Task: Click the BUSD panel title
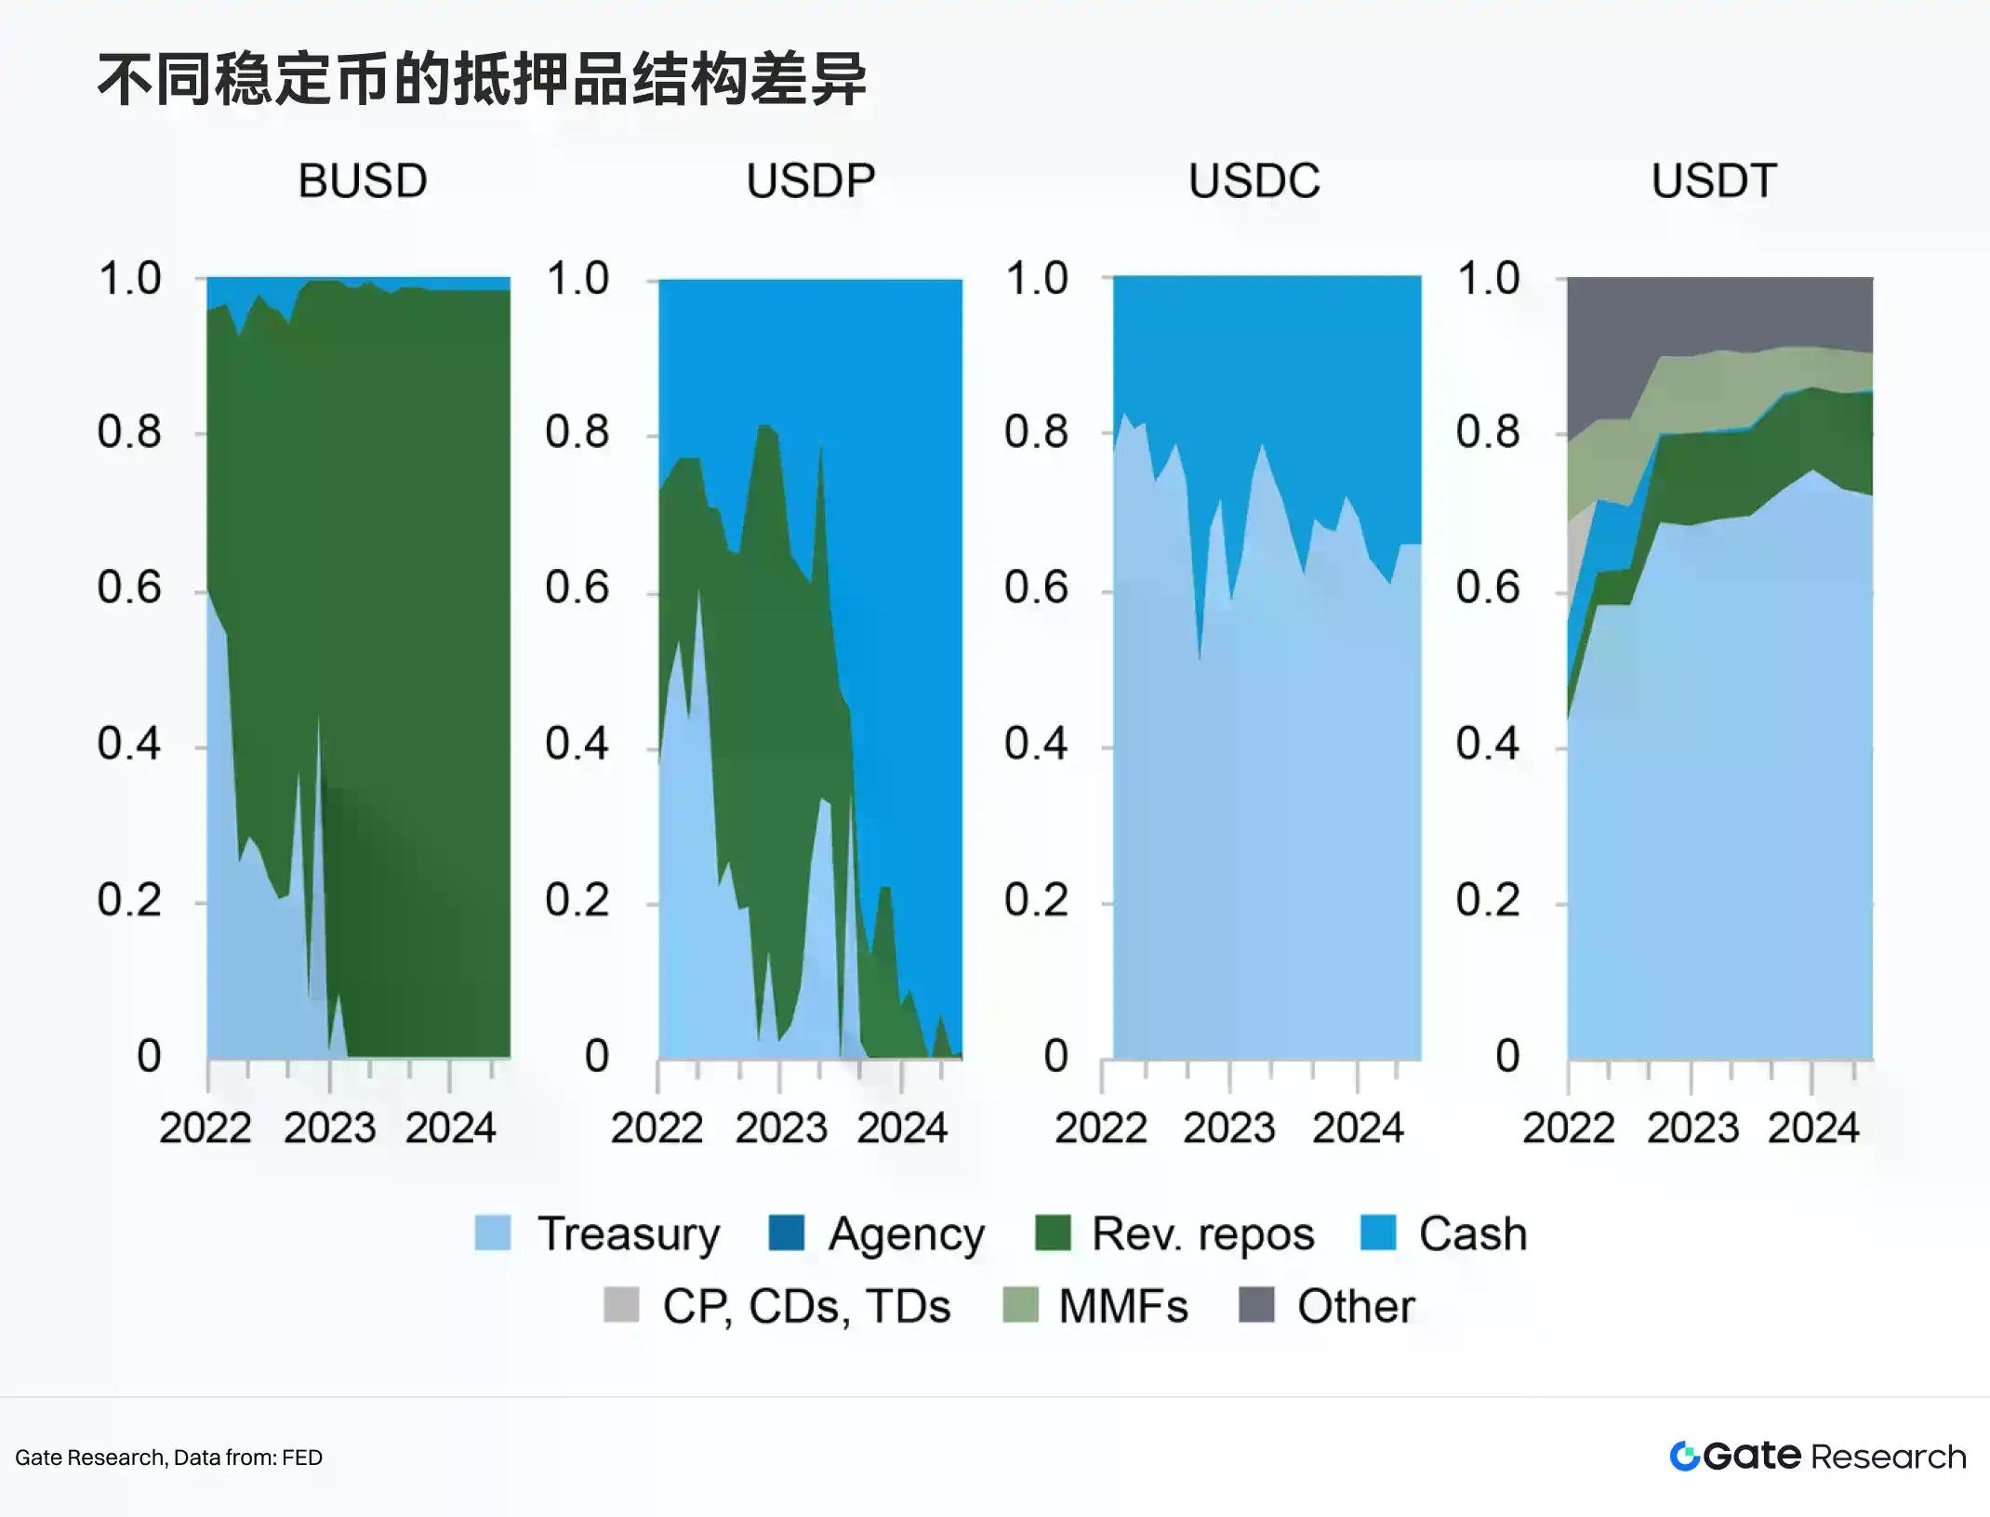363,181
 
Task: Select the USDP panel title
810,181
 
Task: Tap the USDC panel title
1254,181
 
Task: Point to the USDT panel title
1713,181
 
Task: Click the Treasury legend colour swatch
493,1233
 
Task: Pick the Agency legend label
906,1235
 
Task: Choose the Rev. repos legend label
1202,1234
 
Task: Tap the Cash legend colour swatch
1378,1233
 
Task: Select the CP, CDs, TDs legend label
806,1307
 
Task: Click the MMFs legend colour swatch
1020,1305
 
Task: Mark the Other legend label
1356,1307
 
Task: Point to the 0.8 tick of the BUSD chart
129,432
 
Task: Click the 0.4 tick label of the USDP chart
577,744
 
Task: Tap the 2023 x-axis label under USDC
1229,1128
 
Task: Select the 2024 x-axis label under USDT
1813,1128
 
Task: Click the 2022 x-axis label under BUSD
206,1128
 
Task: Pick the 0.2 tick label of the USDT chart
1488,900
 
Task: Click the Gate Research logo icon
1684,1457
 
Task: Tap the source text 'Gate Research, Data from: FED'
168,1458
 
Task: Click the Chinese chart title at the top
482,80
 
